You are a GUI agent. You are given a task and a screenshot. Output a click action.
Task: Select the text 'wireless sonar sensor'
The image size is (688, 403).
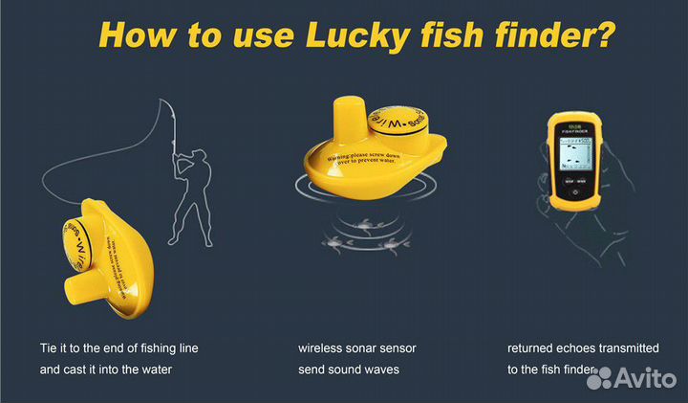pos(356,347)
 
